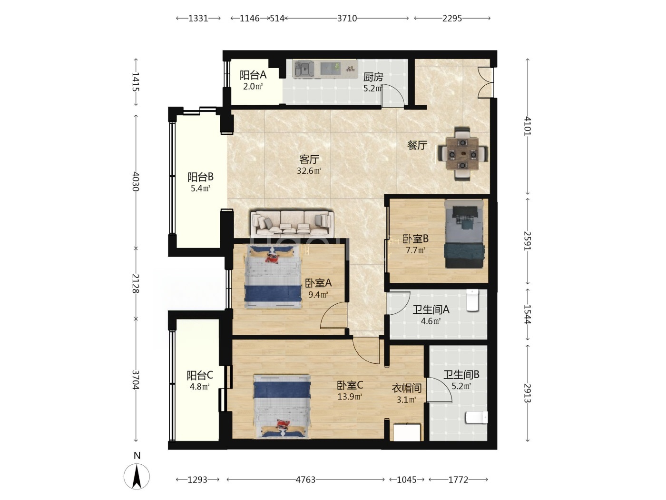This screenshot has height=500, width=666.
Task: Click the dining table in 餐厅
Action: [x=462, y=154]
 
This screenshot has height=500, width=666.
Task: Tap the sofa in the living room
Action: [x=292, y=224]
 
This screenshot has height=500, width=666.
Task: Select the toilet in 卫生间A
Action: [x=472, y=300]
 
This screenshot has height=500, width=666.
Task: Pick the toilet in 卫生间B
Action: [x=477, y=418]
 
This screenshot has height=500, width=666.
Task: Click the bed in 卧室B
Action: [x=464, y=233]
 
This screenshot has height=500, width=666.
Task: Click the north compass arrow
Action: [x=137, y=476]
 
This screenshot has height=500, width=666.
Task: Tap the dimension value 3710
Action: [x=347, y=19]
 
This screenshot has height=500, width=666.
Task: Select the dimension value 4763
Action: [x=305, y=480]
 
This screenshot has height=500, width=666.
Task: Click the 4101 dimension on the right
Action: [x=528, y=126]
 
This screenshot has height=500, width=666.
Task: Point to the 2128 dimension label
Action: [x=136, y=283]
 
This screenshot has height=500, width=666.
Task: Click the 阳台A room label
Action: [x=253, y=75]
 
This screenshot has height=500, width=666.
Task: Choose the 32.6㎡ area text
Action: [x=309, y=170]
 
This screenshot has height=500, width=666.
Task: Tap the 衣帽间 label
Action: [x=407, y=388]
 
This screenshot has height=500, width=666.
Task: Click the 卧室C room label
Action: [x=350, y=385]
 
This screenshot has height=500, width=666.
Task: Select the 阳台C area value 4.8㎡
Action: [x=199, y=387]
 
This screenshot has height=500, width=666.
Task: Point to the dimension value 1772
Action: [x=458, y=480]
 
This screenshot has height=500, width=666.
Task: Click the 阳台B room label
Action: [x=200, y=177]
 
